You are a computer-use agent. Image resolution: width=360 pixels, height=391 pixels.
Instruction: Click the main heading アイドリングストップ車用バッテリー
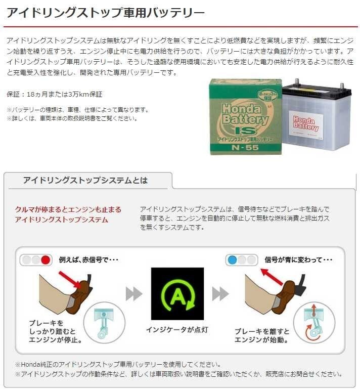(x=106, y=13)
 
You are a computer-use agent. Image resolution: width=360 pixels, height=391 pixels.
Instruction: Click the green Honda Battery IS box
(x=246, y=117)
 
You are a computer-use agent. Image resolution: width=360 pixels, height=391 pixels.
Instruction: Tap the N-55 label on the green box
(x=245, y=148)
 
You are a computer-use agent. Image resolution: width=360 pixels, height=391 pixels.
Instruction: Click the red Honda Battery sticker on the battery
(x=306, y=123)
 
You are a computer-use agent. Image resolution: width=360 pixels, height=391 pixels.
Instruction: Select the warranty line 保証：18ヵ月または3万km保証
(x=54, y=94)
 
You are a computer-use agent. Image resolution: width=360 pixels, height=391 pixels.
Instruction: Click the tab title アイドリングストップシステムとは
(x=85, y=180)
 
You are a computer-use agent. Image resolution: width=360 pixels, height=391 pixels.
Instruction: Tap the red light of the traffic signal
(x=46, y=260)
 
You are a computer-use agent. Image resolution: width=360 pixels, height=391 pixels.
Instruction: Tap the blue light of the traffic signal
(x=232, y=260)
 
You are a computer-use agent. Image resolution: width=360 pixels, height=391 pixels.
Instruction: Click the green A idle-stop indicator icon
(x=177, y=294)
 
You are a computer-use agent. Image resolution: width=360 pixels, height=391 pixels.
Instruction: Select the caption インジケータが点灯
(x=177, y=330)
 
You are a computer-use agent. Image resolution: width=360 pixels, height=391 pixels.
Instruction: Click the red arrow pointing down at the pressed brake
(x=70, y=280)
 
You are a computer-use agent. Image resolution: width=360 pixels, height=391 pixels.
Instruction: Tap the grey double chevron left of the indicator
(x=133, y=294)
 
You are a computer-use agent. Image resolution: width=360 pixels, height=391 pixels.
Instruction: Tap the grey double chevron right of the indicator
(x=220, y=294)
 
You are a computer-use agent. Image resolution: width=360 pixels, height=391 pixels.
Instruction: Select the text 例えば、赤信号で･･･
(x=88, y=260)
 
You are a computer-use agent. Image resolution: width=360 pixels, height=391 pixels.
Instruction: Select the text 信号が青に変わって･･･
(x=298, y=260)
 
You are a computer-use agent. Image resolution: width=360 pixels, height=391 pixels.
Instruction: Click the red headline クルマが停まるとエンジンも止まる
(x=68, y=209)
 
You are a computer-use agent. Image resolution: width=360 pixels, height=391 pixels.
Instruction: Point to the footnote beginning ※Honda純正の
(x=118, y=365)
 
